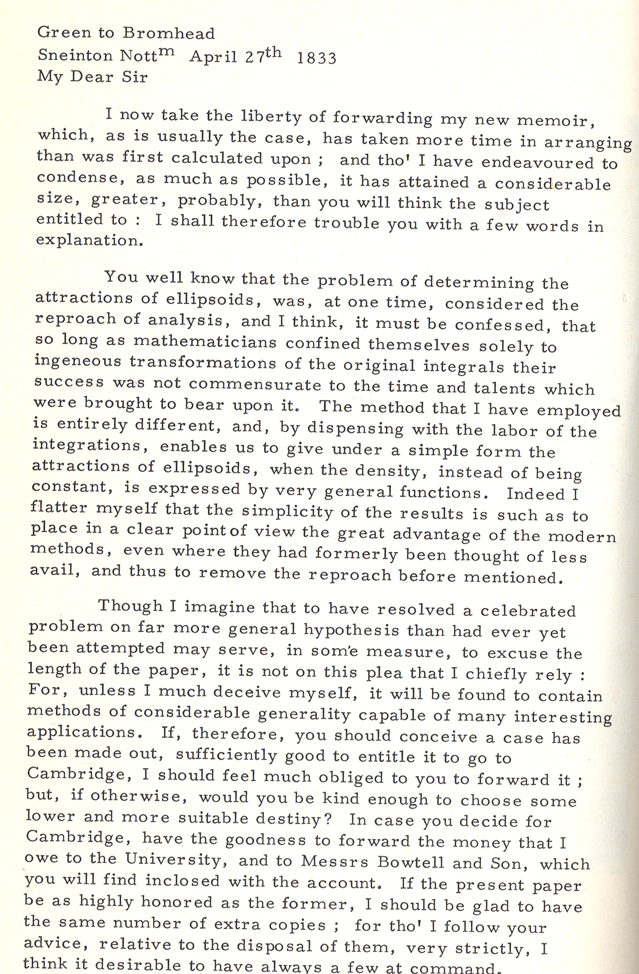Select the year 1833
point(316,59)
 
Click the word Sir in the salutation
point(136,77)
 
